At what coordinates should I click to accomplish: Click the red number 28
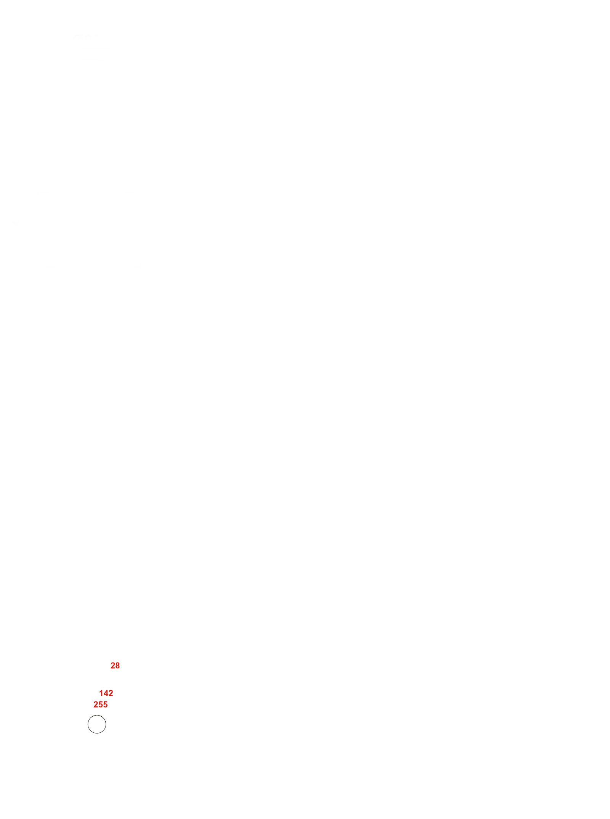pos(115,666)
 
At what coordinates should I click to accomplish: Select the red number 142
pos(106,693)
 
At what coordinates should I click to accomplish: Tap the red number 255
pos(100,705)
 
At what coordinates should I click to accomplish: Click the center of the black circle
pos(97,724)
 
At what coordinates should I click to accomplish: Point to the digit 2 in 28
pos(113,666)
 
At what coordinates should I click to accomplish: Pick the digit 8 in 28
pos(117,666)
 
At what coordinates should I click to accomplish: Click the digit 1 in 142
pos(101,693)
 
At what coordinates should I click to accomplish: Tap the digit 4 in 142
pos(106,693)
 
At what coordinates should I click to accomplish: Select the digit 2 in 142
pos(111,693)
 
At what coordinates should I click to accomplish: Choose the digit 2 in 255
pos(96,705)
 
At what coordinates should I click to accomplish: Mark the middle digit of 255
pos(101,705)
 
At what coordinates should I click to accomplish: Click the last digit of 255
pos(106,705)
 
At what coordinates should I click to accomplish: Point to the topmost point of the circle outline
pos(97,715)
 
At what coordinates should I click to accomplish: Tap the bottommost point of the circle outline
pos(97,733)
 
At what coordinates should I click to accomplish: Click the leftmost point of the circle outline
pos(88,724)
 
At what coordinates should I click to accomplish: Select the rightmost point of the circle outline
pos(106,724)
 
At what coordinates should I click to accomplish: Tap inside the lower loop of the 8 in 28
pos(117,667)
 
